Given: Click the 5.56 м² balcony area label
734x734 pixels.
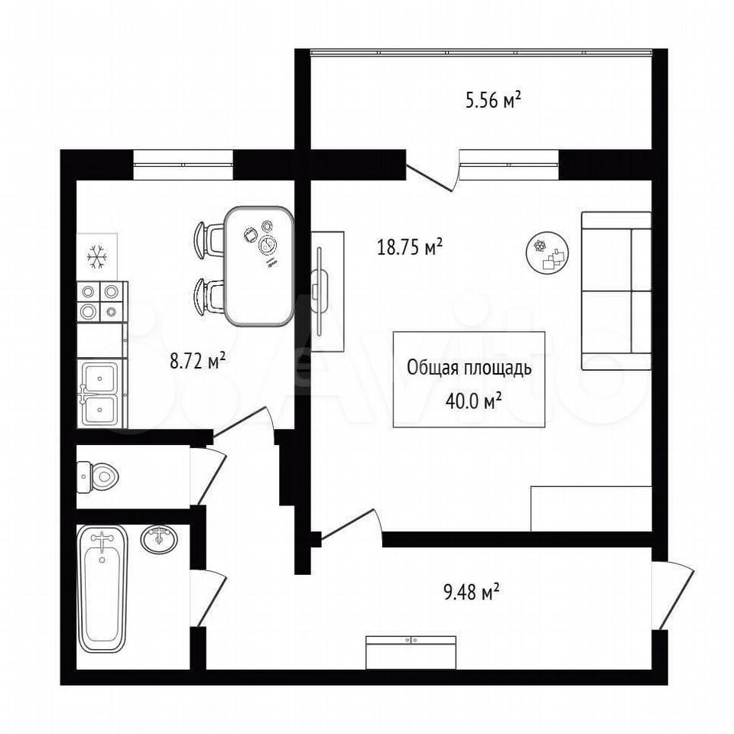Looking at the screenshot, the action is [493, 101].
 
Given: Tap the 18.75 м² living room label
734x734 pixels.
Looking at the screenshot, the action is [410, 247].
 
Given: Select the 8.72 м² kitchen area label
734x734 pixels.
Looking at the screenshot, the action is [198, 362].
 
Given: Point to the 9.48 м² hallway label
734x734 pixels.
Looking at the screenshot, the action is [471, 592].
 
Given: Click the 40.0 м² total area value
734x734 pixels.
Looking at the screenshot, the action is [469, 401].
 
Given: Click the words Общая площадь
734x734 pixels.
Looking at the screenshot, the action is [469, 369].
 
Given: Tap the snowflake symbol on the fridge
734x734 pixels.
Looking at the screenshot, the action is [97, 257].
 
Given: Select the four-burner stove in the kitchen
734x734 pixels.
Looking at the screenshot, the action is [102, 302].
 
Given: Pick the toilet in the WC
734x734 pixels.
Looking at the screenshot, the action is [97, 477].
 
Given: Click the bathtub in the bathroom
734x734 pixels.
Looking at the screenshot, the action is [103, 589].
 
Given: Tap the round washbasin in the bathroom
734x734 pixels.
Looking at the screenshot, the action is [159, 539].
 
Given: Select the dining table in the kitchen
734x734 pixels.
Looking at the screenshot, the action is [259, 266].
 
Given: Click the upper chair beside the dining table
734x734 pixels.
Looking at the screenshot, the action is [209, 239].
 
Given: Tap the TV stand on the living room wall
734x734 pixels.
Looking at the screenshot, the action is [328, 291].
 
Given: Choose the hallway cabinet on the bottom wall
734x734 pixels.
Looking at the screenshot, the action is [411, 652].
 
